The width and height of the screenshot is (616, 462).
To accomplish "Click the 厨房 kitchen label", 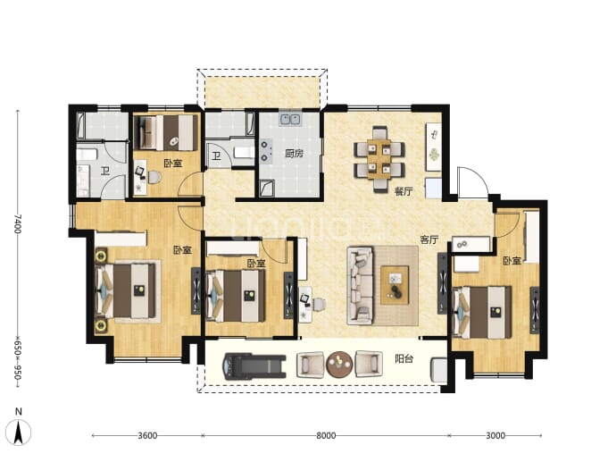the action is coord(294,153).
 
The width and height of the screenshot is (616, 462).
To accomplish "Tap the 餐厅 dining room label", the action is coord(404,191).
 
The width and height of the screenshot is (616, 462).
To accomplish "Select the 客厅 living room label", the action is coord(429,239).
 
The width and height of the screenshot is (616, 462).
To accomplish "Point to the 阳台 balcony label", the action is coord(404,358).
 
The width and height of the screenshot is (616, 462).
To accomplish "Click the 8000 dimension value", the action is coord(326,435).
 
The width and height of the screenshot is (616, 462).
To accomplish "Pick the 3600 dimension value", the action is coord(147,435).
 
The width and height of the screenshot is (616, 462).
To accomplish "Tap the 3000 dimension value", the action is coord(495,435).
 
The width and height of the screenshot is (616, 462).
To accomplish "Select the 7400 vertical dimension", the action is coord(17,223).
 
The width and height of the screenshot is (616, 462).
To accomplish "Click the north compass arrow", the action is coord(18,433).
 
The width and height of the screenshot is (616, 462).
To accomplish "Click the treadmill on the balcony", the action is coord(254,366).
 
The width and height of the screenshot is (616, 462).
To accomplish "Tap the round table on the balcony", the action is coord(339,364).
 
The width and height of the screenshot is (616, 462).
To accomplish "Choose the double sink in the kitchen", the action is coord(290,119).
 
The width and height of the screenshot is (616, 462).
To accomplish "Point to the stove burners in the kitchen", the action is coord(265,151).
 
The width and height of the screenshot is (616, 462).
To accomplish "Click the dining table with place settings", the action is coord(379,159).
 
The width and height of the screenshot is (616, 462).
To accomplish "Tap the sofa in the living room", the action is coord(360,285).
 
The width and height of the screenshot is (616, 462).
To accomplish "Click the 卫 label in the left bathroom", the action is coord(104,171).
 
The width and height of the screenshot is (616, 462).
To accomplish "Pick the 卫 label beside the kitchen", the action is coord(216,156).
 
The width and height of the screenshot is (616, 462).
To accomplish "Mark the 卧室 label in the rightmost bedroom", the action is coord(512,261).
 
